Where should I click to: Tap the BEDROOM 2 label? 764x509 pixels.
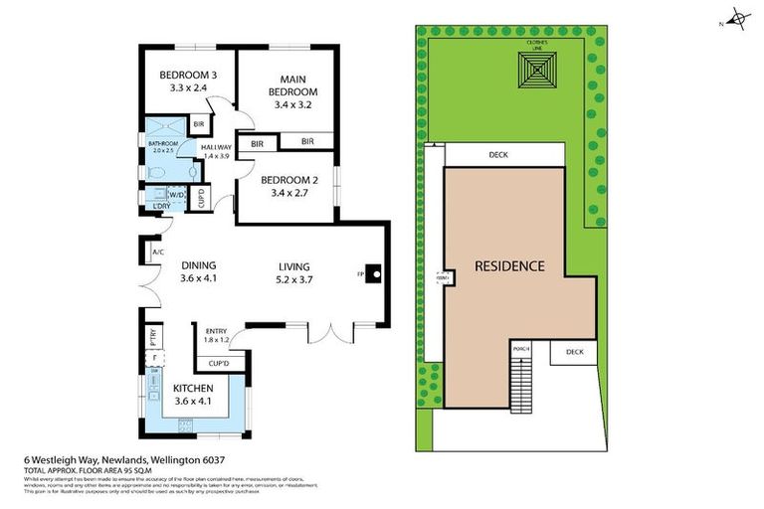tap(291, 186)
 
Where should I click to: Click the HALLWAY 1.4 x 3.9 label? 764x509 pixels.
tap(216, 151)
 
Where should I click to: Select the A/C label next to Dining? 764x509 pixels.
tap(157, 254)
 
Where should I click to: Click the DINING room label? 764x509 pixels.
tap(199, 271)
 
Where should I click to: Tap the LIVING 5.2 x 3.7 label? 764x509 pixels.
tap(294, 271)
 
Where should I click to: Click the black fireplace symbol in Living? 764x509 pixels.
tap(373, 273)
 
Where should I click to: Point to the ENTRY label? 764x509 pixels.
tap(216, 335)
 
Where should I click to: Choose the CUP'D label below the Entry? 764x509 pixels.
tap(220, 365)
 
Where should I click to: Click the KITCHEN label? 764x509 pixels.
tap(194, 394)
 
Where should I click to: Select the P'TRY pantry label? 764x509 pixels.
tap(154, 334)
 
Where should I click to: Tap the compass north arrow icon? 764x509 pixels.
tap(738, 17)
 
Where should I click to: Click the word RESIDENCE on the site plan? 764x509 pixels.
tap(509, 265)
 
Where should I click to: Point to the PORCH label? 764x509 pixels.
tap(520, 349)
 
